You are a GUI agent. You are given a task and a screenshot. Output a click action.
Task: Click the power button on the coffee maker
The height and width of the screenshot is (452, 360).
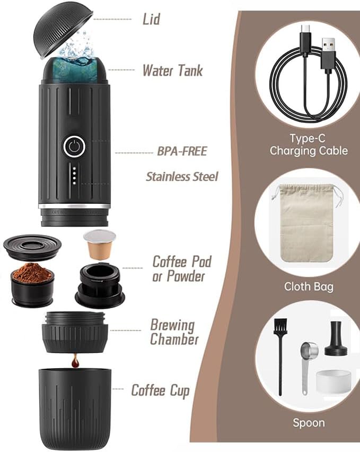(74, 146)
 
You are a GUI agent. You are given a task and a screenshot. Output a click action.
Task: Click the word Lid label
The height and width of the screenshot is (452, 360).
(152, 19)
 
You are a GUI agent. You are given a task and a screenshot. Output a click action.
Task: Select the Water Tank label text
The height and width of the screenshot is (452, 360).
(173, 71)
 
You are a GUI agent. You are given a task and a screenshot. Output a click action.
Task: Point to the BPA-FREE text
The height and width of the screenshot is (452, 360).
(182, 151)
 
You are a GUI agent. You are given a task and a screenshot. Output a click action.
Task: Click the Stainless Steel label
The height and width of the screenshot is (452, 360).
(182, 177)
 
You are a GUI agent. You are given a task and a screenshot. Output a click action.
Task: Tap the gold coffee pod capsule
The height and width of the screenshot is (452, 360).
(99, 245)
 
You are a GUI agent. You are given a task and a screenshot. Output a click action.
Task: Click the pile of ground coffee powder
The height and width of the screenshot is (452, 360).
(32, 272)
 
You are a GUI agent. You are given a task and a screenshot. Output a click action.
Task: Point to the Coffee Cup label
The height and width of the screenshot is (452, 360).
(161, 390)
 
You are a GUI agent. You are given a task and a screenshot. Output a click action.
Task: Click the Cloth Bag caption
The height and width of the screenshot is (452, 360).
(309, 286)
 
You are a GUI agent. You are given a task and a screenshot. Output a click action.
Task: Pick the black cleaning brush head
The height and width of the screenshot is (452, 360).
(280, 326)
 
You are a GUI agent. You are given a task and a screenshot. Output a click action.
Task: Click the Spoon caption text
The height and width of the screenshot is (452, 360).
(309, 423)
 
